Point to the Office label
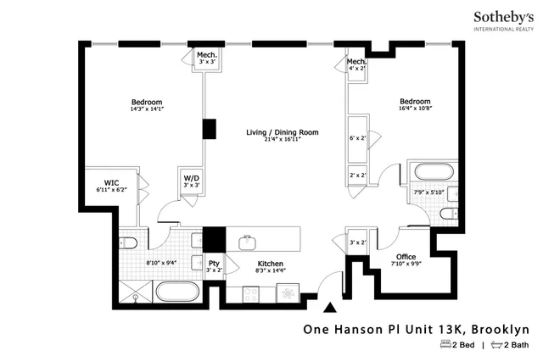(x=406, y=257)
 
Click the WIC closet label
(x=111, y=181)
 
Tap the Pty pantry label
(x=215, y=264)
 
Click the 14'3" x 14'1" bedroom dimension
(x=146, y=109)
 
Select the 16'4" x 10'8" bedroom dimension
(x=415, y=108)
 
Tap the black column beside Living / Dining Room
(x=208, y=129)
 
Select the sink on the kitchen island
(x=248, y=243)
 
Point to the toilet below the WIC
(x=130, y=243)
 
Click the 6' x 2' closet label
(x=357, y=137)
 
